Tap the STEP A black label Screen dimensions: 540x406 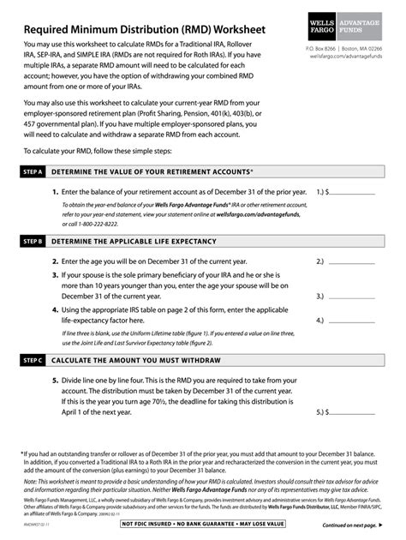(x=33, y=172)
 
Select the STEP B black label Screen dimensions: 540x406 (x=33, y=242)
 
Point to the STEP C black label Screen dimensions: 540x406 (x=33, y=360)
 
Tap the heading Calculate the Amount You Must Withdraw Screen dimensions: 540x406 (x=136, y=360)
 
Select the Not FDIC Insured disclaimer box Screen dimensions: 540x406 (x=203, y=524)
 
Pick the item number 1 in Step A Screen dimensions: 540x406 (x=55, y=193)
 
